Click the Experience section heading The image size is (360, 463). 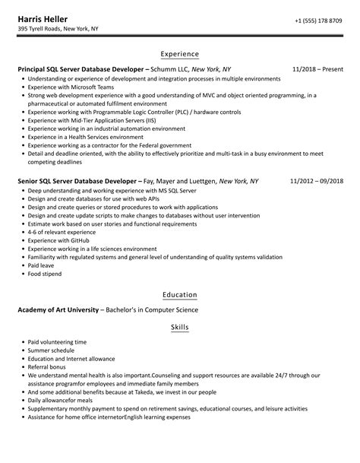coord(180,54)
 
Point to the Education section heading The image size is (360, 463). coord(180,294)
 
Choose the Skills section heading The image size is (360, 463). coord(180,327)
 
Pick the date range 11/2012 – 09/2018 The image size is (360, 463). coord(317,182)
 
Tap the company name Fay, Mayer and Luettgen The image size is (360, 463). coord(180,182)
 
